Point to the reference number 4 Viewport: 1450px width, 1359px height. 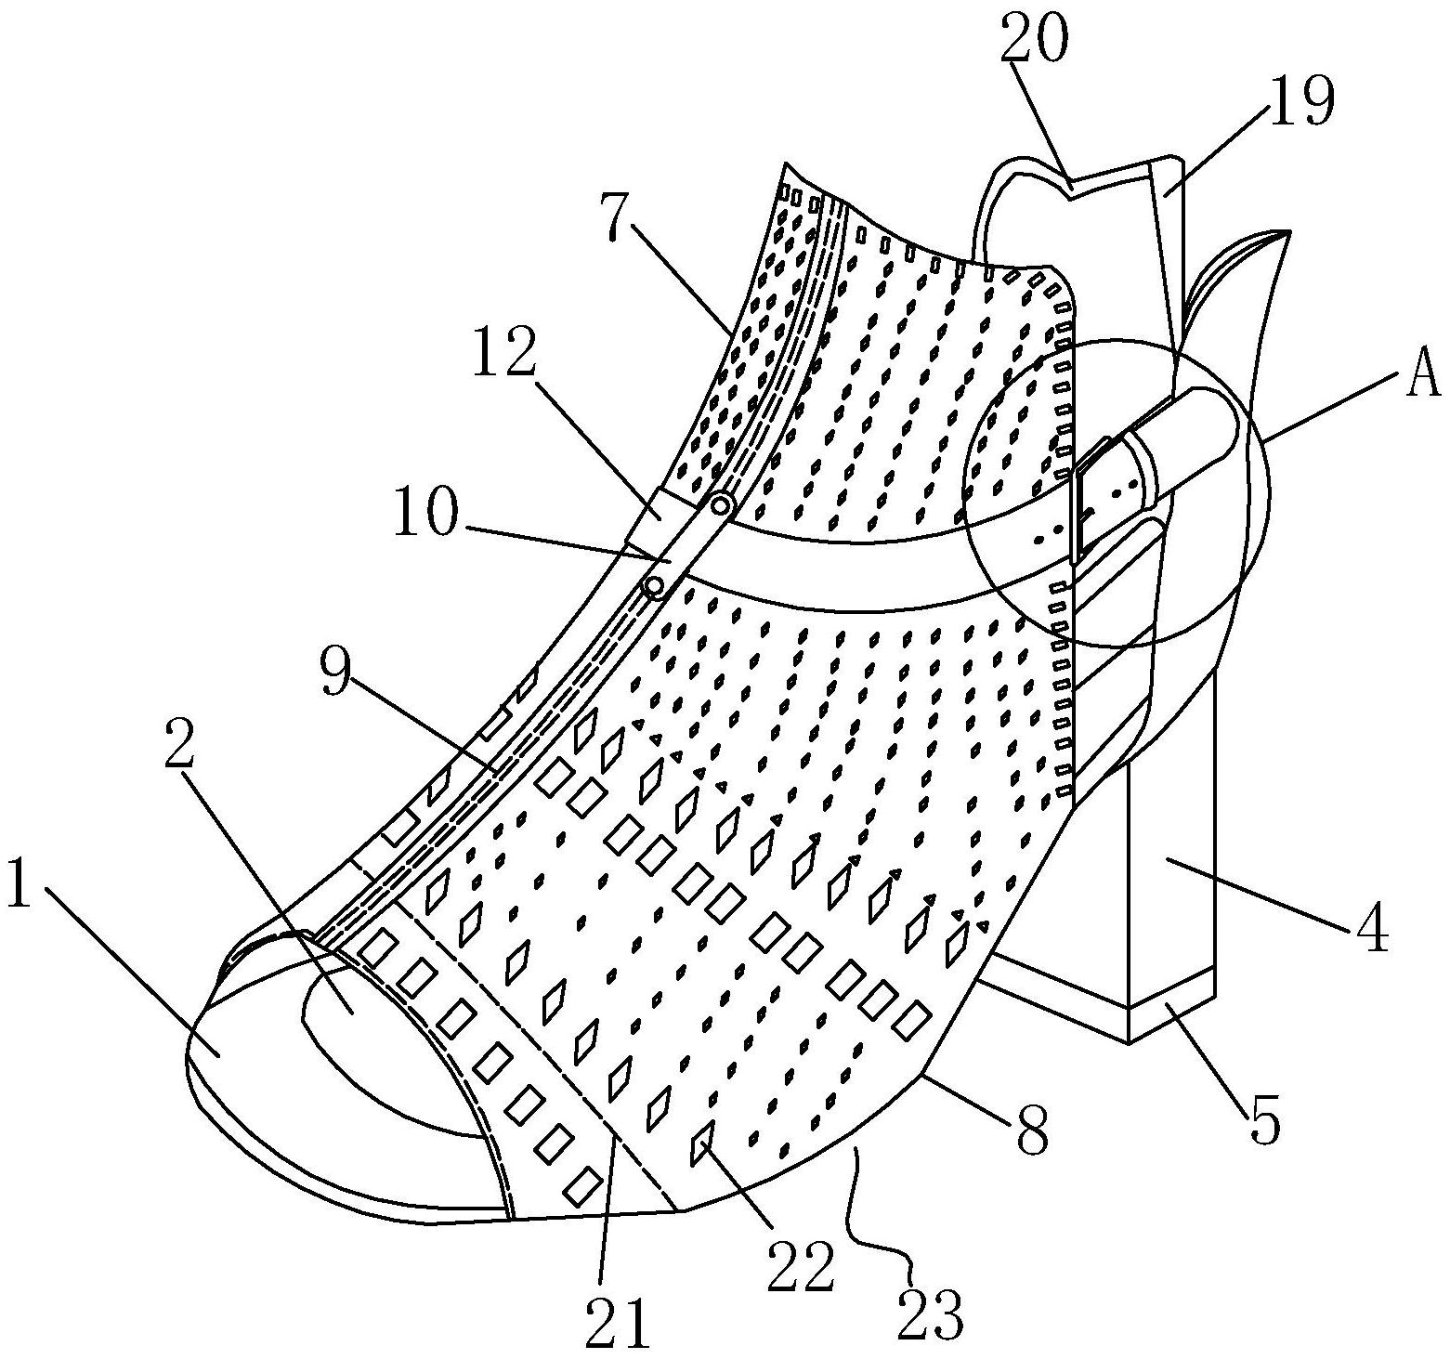point(1366,927)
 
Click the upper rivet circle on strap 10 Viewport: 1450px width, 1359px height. point(722,505)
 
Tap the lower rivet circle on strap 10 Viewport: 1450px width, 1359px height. point(654,586)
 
